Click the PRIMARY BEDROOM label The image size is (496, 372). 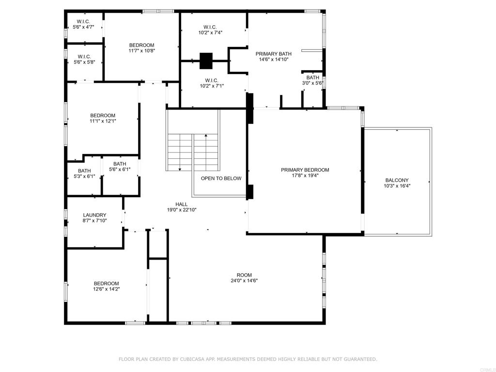pyautogui.click(x=305, y=170)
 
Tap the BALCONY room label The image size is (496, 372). pyautogui.click(x=397, y=180)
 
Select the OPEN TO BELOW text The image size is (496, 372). pyautogui.click(x=221, y=178)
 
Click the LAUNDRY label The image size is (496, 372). pyautogui.click(x=94, y=215)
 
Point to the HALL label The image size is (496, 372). pyautogui.click(x=182, y=204)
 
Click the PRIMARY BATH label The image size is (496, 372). pyautogui.click(x=273, y=54)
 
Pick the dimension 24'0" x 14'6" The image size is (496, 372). pyautogui.click(x=244, y=280)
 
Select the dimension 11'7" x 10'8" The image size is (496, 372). pyautogui.click(x=142, y=50)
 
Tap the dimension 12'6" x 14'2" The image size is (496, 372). pyautogui.click(x=106, y=289)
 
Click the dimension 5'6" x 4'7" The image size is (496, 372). pyautogui.click(x=83, y=27)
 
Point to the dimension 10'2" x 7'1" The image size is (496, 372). pyautogui.click(x=212, y=86)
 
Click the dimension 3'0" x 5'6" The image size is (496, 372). pyautogui.click(x=312, y=83)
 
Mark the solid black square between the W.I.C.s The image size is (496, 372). pyautogui.click(x=206, y=61)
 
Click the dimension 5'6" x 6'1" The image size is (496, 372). pyautogui.click(x=120, y=170)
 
